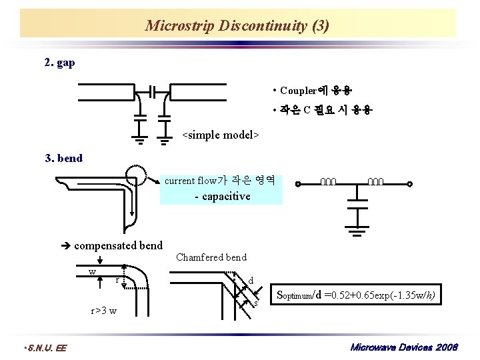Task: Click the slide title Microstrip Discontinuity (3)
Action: tap(237, 26)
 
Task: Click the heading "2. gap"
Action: tap(59, 63)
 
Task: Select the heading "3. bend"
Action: tap(63, 158)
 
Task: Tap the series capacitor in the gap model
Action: tap(153, 91)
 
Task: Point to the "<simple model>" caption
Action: tap(220, 135)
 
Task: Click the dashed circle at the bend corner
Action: tap(135, 173)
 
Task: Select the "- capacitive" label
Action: tap(222, 196)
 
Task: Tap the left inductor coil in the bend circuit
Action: tap(328, 182)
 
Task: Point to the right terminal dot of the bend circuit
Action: tap(411, 185)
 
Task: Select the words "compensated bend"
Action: tap(118, 245)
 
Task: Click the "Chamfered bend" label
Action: tap(211, 257)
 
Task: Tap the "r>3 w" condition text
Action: tap(104, 311)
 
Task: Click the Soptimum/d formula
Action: tap(356, 295)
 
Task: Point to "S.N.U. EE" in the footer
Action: tap(44, 347)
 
